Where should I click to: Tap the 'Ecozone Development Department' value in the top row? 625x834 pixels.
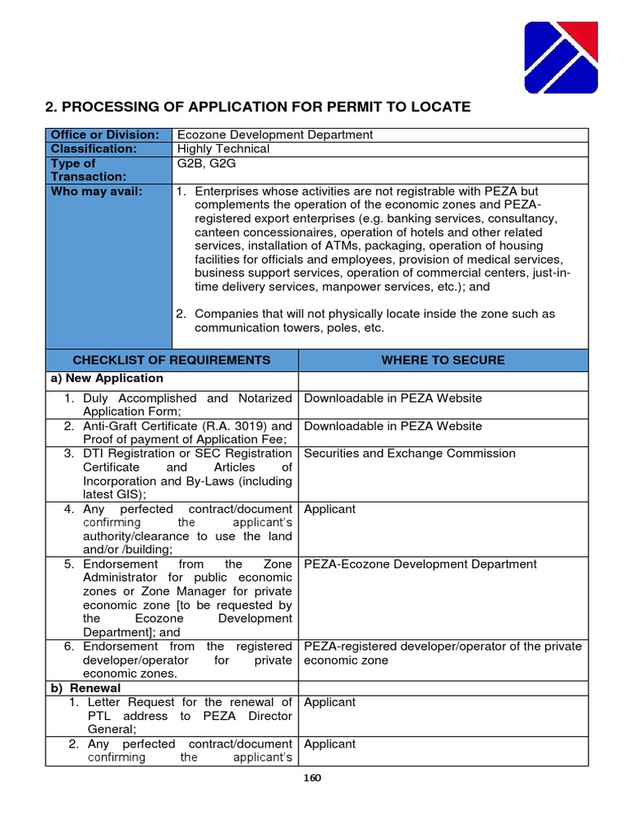[275, 135]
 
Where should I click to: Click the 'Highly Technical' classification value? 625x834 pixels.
[223, 149]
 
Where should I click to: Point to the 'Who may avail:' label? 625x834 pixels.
[96, 191]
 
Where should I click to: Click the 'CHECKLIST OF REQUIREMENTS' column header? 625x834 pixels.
[172, 360]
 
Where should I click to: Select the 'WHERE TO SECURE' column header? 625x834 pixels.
[443, 360]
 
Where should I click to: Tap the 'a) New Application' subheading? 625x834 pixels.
[107, 379]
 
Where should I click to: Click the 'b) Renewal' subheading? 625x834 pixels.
[86, 688]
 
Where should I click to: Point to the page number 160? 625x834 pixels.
[312, 778]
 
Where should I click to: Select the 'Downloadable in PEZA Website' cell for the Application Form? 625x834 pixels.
[392, 398]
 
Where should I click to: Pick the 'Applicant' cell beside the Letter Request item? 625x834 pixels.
[330, 702]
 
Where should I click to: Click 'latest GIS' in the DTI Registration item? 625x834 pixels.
[111, 495]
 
